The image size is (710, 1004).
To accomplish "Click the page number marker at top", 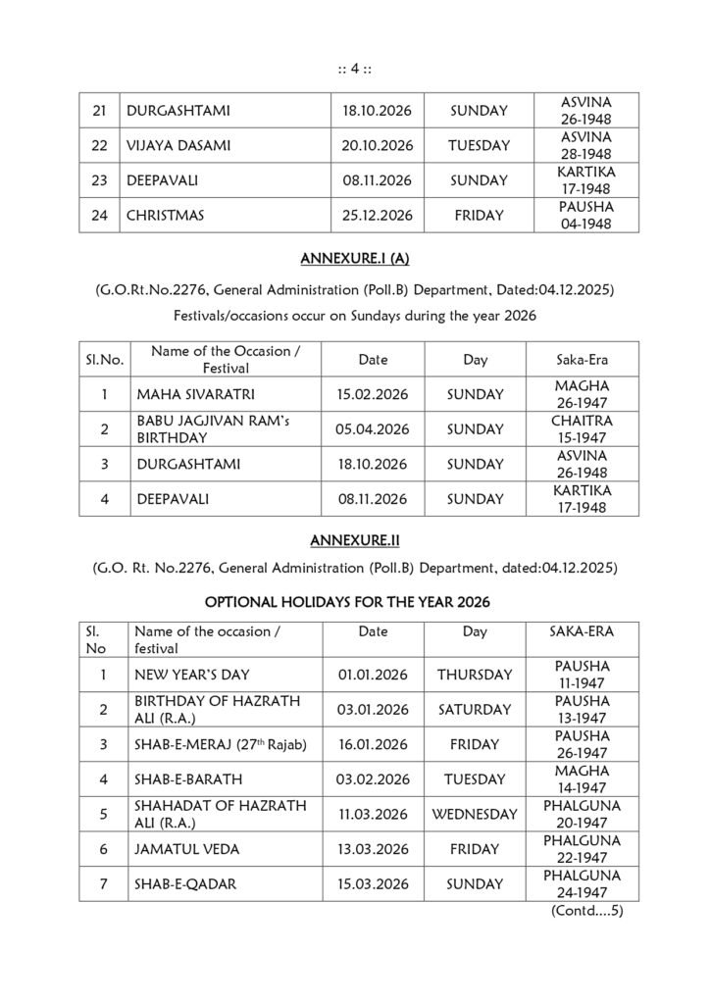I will (354, 68).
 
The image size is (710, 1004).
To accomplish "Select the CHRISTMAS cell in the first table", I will (166, 216).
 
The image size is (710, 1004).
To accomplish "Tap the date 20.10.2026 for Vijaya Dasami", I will (373, 146).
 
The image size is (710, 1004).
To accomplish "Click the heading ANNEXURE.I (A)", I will (353, 259).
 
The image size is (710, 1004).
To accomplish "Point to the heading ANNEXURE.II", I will (353, 540).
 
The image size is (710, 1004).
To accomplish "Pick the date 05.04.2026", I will (373, 429).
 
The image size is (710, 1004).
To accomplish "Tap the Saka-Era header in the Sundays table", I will (582, 360).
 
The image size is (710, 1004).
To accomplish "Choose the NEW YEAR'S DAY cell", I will (193, 675).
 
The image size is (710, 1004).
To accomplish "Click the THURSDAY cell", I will (475, 675).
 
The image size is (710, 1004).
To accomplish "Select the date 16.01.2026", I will (373, 744).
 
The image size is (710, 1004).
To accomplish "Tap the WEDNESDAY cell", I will (475, 814).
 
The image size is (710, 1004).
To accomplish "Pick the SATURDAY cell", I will (475, 709).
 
